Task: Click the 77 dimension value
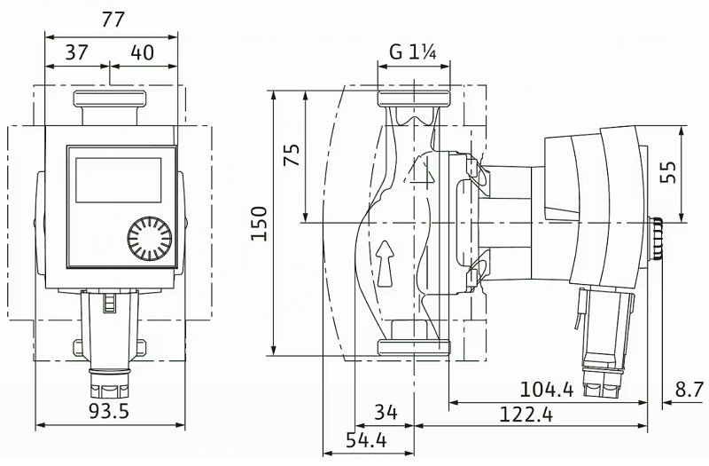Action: [x=113, y=20]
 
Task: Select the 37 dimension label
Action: [x=76, y=52]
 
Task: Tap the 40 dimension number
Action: [x=143, y=52]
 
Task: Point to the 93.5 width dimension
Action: [x=109, y=411]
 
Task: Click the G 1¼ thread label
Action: [x=413, y=52]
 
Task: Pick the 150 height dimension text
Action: [x=260, y=224]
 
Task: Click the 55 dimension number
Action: [x=668, y=172]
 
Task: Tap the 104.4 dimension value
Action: [x=546, y=390]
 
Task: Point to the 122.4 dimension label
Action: [x=526, y=415]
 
